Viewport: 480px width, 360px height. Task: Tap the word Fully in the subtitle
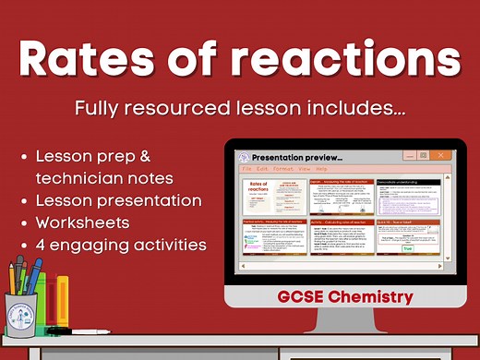click(x=102, y=108)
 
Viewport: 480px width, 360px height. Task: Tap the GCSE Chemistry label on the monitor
click(x=343, y=297)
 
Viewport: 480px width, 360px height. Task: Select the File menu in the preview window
click(x=246, y=170)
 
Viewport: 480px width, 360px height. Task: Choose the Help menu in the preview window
click(x=321, y=170)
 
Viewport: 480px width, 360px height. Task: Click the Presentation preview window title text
click(x=290, y=157)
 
